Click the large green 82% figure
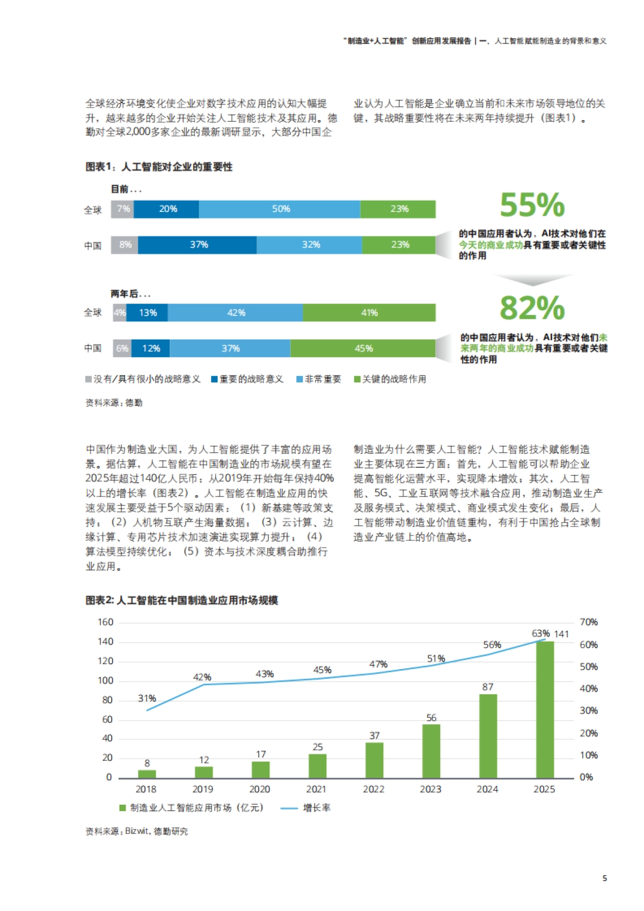[x=532, y=308]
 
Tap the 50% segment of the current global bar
[x=280, y=209]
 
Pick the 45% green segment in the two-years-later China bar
[x=363, y=349]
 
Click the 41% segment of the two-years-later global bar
[x=369, y=313]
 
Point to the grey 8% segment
[x=125, y=245]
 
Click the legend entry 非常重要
[x=319, y=379]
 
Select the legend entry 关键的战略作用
[x=390, y=379]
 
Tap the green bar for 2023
[x=431, y=751]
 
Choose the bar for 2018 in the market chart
[x=147, y=774]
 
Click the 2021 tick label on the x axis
[x=316, y=789]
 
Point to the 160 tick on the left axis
[x=105, y=622]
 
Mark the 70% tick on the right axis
[x=589, y=622]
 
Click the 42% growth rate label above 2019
[x=202, y=677]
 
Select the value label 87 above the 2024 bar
[x=488, y=687]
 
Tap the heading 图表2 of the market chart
[x=181, y=600]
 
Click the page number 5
[x=605, y=878]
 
